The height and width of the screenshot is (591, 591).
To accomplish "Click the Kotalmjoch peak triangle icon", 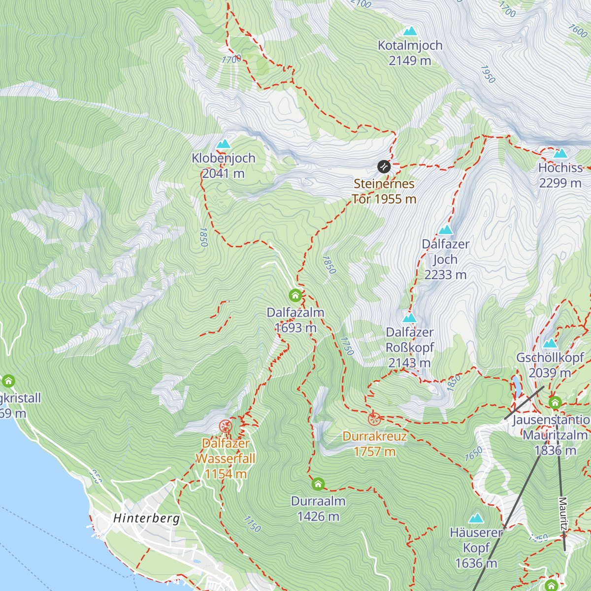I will (410, 32).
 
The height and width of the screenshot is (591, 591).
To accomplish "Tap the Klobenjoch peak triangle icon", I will (224, 144).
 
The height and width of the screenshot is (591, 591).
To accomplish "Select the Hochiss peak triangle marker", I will (560, 153).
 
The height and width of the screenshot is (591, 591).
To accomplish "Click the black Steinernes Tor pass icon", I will (384, 166).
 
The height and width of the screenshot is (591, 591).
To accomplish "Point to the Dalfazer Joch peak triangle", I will (445, 230).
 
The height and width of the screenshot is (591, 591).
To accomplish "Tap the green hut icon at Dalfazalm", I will (295, 295).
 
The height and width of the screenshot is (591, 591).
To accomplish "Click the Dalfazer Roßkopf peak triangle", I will (410, 318).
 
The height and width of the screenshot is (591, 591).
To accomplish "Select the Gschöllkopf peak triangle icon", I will (550, 343).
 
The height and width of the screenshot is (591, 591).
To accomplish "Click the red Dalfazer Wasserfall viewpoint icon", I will (226, 426).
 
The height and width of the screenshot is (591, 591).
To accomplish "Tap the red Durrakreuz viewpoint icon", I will (374, 419).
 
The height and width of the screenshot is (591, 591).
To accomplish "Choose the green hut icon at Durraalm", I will (318, 484).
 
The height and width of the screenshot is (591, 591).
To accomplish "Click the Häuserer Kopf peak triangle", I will (476, 518).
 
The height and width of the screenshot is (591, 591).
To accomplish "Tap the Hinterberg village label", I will (146, 518).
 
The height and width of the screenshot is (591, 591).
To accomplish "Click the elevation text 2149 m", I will (410, 61).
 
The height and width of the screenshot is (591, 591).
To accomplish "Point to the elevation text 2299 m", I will (560, 183).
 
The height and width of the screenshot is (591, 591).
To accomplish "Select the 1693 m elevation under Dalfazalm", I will (295, 328).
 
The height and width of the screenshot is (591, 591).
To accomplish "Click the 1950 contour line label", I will (488, 74).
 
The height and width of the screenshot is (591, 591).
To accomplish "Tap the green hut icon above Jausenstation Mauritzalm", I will (555, 403).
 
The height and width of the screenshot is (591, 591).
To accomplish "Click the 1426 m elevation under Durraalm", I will (318, 516).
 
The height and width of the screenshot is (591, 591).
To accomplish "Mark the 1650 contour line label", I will (474, 454).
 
